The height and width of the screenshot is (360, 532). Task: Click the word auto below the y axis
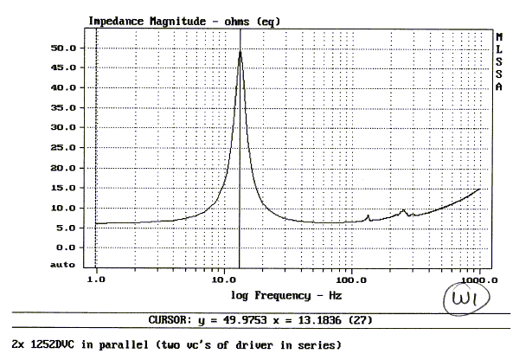(x=63, y=263)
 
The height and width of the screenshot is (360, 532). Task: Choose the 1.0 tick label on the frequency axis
(x=97, y=281)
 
